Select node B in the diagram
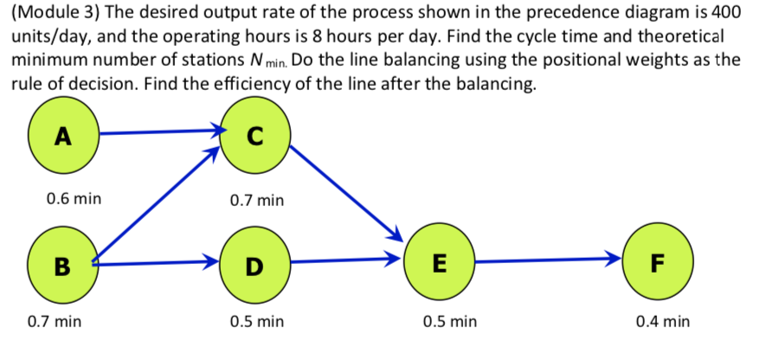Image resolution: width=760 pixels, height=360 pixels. click(x=62, y=262)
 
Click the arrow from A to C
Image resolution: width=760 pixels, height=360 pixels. click(x=160, y=132)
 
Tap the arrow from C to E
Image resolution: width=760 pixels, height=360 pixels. click(x=346, y=195)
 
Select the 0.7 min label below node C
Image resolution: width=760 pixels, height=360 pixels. click(x=257, y=201)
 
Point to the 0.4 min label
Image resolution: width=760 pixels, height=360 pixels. click(x=662, y=322)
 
